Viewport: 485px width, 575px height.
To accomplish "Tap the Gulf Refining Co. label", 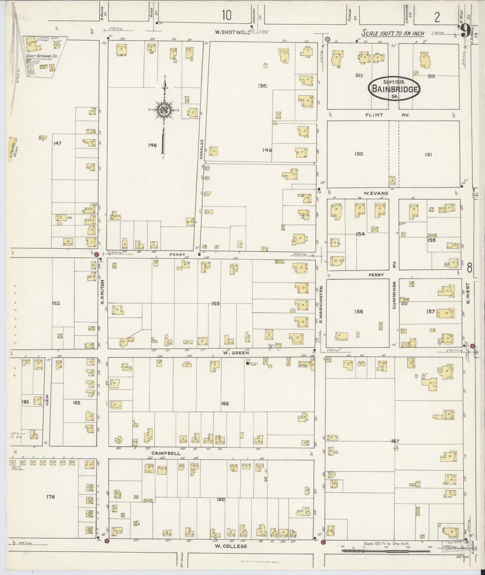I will tap(42, 57).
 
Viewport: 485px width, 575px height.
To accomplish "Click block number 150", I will tap(358, 154).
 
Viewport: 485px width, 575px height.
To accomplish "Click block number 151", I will tap(428, 154).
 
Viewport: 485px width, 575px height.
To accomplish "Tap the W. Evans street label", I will tap(376, 193).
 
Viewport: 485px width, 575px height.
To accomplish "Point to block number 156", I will tap(358, 312).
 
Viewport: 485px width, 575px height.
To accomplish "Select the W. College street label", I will tap(231, 546).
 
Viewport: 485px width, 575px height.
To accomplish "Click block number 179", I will tap(51, 497).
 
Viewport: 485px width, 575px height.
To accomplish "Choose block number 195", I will tap(26, 402).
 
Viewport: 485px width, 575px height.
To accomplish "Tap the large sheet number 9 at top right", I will tap(465, 31).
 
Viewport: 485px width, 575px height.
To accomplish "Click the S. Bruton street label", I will tap(103, 292).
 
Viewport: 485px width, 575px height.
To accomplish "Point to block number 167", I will tap(395, 441).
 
